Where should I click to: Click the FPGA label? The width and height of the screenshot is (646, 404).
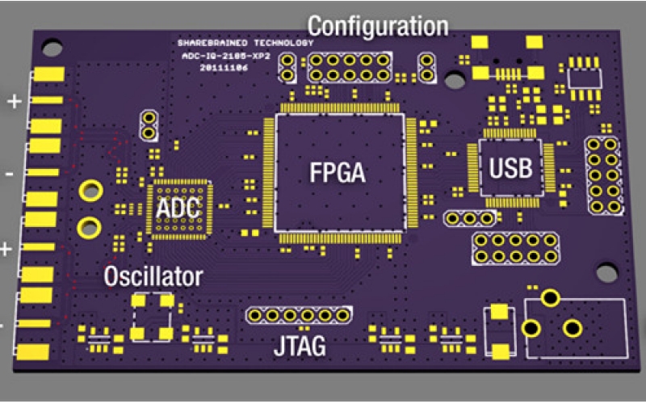click(x=338, y=172)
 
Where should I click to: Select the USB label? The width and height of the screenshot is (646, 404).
click(x=510, y=167)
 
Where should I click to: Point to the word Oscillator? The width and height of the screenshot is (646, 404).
click(x=153, y=277)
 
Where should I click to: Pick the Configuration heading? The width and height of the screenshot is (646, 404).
click(x=377, y=26)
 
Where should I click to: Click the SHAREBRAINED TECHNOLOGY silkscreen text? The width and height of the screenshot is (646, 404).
click(x=245, y=43)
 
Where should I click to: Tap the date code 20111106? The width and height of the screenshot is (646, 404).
click(x=223, y=69)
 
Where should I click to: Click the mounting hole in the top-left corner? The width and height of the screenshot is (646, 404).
click(x=52, y=48)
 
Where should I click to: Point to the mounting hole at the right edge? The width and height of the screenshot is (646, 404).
click(x=606, y=272)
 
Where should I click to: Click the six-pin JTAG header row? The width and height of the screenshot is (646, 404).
click(x=300, y=314)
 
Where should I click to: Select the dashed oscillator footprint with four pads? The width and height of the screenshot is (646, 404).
click(x=153, y=317)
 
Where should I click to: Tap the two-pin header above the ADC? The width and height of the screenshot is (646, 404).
click(x=148, y=124)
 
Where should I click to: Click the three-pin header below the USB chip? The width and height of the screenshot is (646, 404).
click(x=469, y=218)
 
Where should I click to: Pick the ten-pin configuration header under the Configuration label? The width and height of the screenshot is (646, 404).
click(x=349, y=67)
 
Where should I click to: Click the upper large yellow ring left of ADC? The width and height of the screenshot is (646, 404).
click(x=90, y=191)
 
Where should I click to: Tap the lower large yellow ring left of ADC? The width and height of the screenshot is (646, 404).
click(x=86, y=226)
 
